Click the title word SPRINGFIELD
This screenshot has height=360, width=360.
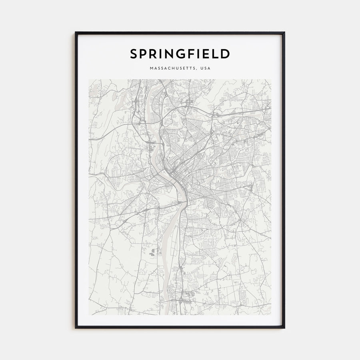(x=180, y=54)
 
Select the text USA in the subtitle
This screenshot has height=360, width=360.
(x=206, y=68)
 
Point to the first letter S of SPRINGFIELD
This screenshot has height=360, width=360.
(x=133, y=54)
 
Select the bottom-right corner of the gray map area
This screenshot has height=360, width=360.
(x=271, y=314)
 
